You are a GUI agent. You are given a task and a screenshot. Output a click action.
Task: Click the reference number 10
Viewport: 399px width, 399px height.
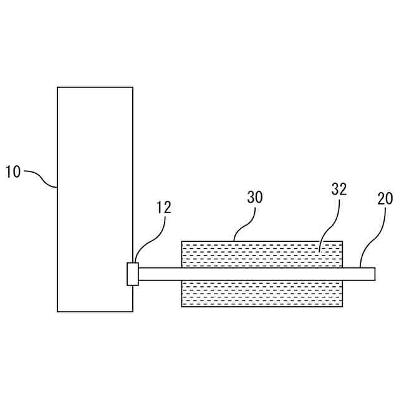coord(13,171)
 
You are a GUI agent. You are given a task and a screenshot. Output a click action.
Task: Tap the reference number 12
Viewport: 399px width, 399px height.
coord(163,208)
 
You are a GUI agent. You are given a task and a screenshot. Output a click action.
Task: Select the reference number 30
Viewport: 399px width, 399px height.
coord(255,198)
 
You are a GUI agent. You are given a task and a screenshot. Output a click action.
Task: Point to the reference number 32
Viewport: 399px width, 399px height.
coord(339,190)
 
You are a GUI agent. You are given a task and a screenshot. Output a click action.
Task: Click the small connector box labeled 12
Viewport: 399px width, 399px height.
coord(133,274)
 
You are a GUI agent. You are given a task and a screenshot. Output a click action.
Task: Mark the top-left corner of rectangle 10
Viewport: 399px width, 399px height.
coord(57,87)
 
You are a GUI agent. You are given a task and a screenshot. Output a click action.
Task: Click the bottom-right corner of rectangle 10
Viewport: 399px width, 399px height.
coord(133,311)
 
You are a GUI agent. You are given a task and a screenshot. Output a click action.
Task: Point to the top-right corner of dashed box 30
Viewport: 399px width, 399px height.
coord(343,241)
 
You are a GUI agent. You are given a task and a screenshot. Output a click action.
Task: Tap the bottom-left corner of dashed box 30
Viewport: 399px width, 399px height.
coord(181,306)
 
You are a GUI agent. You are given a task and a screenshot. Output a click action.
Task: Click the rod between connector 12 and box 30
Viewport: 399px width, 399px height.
coord(160,274)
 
